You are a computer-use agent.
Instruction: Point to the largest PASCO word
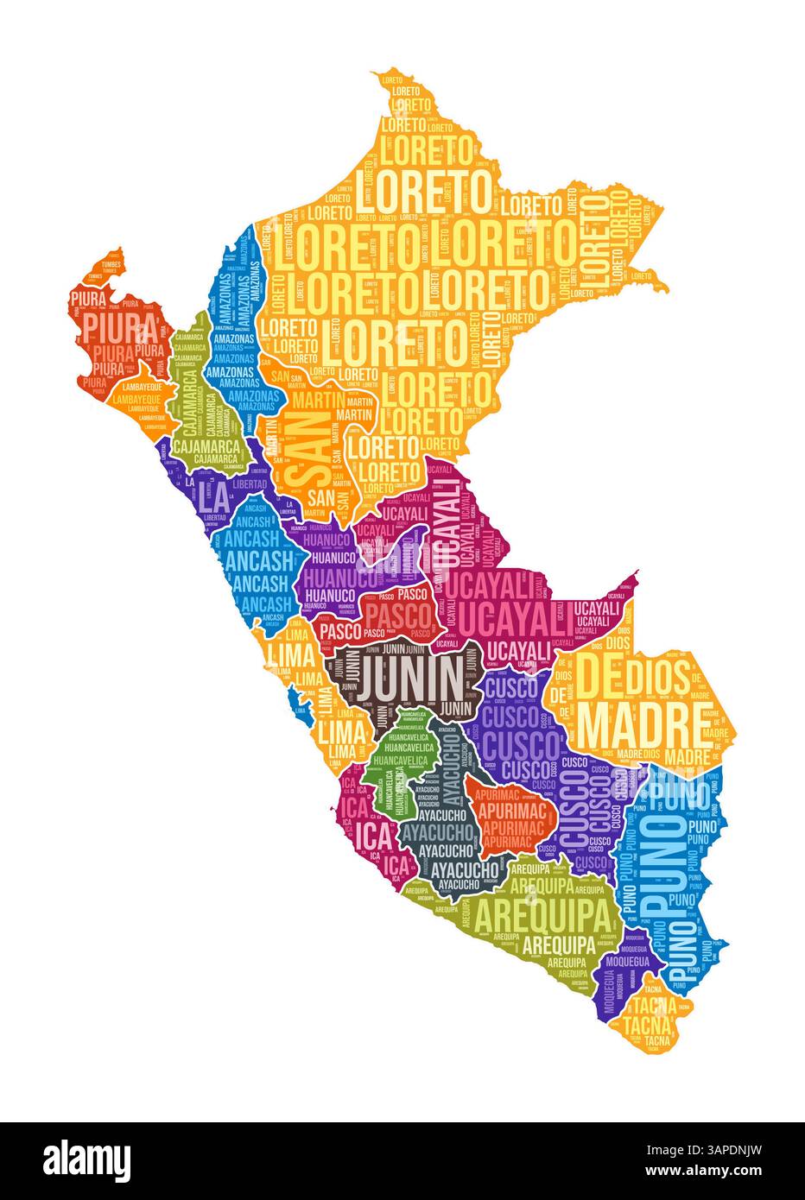click(397, 615)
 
